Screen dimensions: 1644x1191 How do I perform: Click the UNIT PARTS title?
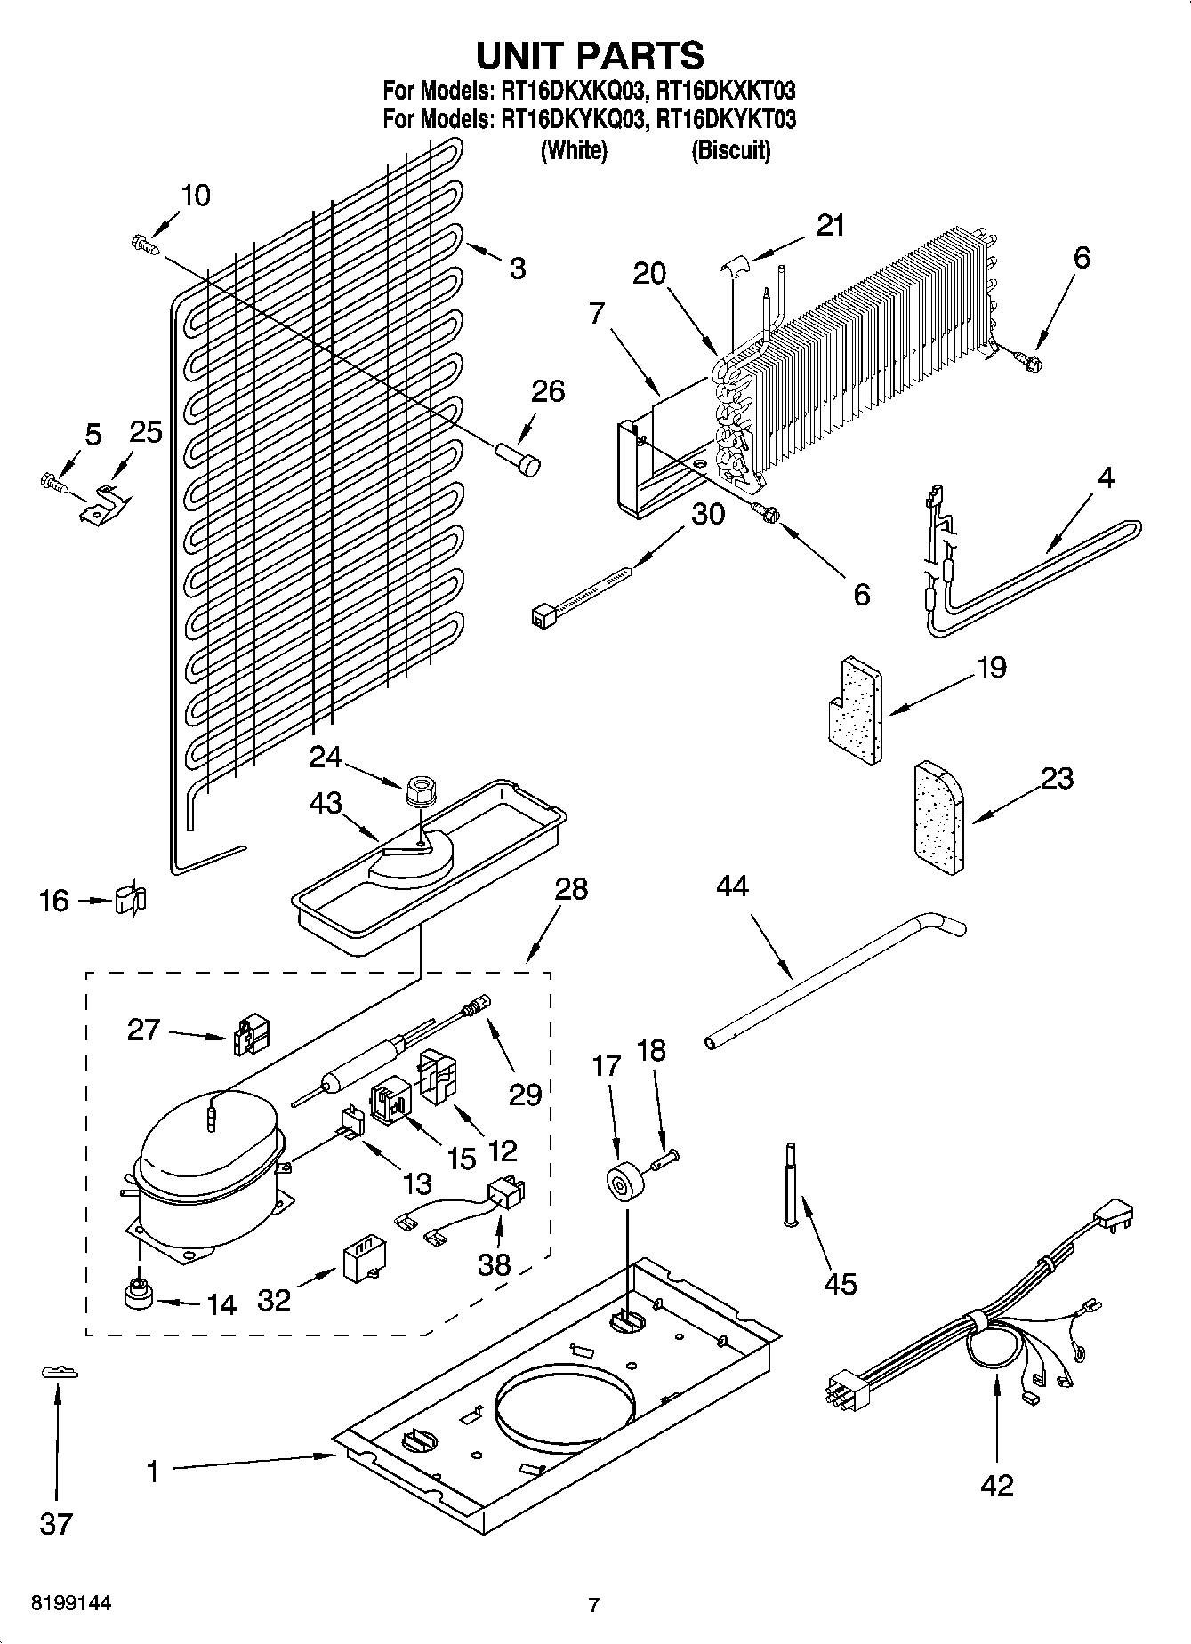click(591, 55)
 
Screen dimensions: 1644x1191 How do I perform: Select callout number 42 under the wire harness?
click(996, 1485)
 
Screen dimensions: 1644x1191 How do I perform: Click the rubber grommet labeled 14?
click(138, 1295)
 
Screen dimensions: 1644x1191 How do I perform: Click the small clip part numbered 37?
click(60, 1374)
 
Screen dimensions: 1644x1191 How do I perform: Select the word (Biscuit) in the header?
click(730, 149)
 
